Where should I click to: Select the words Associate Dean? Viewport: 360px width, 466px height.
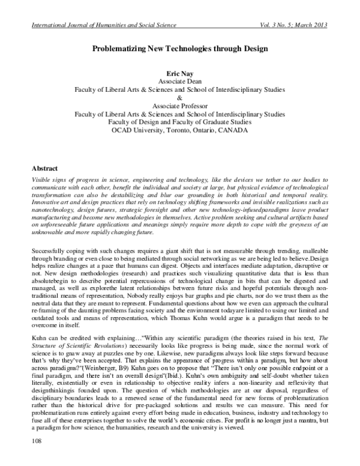coord(179,80)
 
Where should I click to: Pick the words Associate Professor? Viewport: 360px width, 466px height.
coord(179,104)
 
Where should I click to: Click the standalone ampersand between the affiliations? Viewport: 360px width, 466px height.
coord(179,97)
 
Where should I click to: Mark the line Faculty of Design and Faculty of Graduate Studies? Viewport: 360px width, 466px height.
coord(179,121)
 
